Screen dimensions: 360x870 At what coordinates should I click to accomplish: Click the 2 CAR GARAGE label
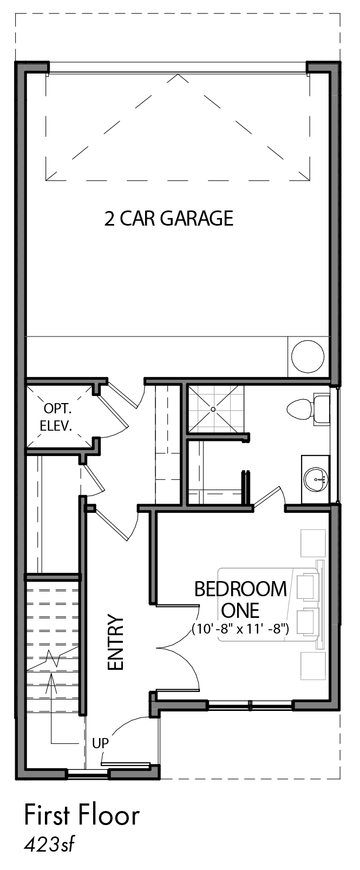tap(169, 218)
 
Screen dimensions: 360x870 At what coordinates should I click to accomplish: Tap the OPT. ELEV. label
tap(57, 417)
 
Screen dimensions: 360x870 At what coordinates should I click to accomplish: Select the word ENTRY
tap(115, 642)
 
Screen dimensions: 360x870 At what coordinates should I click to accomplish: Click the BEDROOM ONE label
tap(240, 599)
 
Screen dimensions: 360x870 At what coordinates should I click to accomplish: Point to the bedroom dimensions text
tap(240, 629)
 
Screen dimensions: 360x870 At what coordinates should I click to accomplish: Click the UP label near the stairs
tap(100, 743)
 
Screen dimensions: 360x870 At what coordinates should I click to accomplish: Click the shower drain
tap(213, 409)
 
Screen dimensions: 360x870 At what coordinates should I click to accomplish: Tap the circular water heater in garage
tap(307, 357)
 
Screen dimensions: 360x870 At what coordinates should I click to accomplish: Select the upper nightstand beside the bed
tap(313, 543)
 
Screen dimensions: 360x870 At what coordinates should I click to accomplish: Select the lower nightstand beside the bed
tap(313, 666)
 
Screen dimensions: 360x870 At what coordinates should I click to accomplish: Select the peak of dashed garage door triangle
tap(178, 75)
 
